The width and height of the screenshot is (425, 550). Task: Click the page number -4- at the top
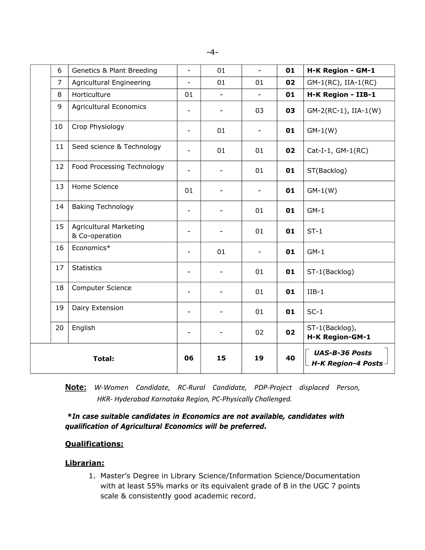point(212,52)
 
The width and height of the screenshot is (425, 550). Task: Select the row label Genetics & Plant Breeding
point(114,71)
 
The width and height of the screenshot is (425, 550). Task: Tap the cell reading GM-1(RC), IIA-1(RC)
point(341,83)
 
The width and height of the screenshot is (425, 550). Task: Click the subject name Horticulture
point(91,95)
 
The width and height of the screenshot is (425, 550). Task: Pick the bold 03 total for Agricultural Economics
point(290,111)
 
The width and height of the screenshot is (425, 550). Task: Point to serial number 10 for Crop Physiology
point(58,127)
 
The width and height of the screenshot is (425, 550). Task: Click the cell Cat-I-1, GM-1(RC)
point(337,151)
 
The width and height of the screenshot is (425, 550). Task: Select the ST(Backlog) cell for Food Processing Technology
point(327,171)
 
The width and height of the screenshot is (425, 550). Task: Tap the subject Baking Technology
point(103,207)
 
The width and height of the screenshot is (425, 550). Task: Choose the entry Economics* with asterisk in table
point(91,248)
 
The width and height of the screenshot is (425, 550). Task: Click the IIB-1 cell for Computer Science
point(315,292)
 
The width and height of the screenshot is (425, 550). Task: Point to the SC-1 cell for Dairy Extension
point(315,312)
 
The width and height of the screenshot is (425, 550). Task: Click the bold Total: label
point(104,359)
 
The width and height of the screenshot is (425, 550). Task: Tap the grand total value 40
point(290,358)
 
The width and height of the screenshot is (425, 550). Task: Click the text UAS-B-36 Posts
point(343,353)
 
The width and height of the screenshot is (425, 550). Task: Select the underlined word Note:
point(76,387)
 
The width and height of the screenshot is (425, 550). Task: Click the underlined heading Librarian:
point(85,463)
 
